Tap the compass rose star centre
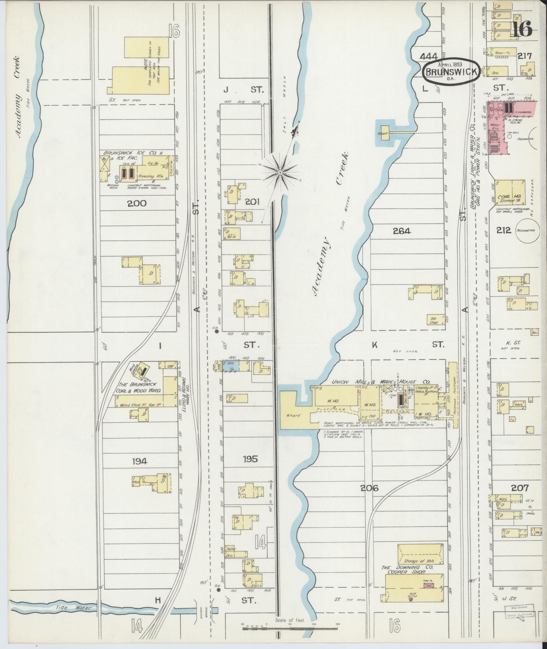[x=280, y=173]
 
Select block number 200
[x=137, y=203]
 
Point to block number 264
[x=402, y=231]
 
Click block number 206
[x=369, y=489]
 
